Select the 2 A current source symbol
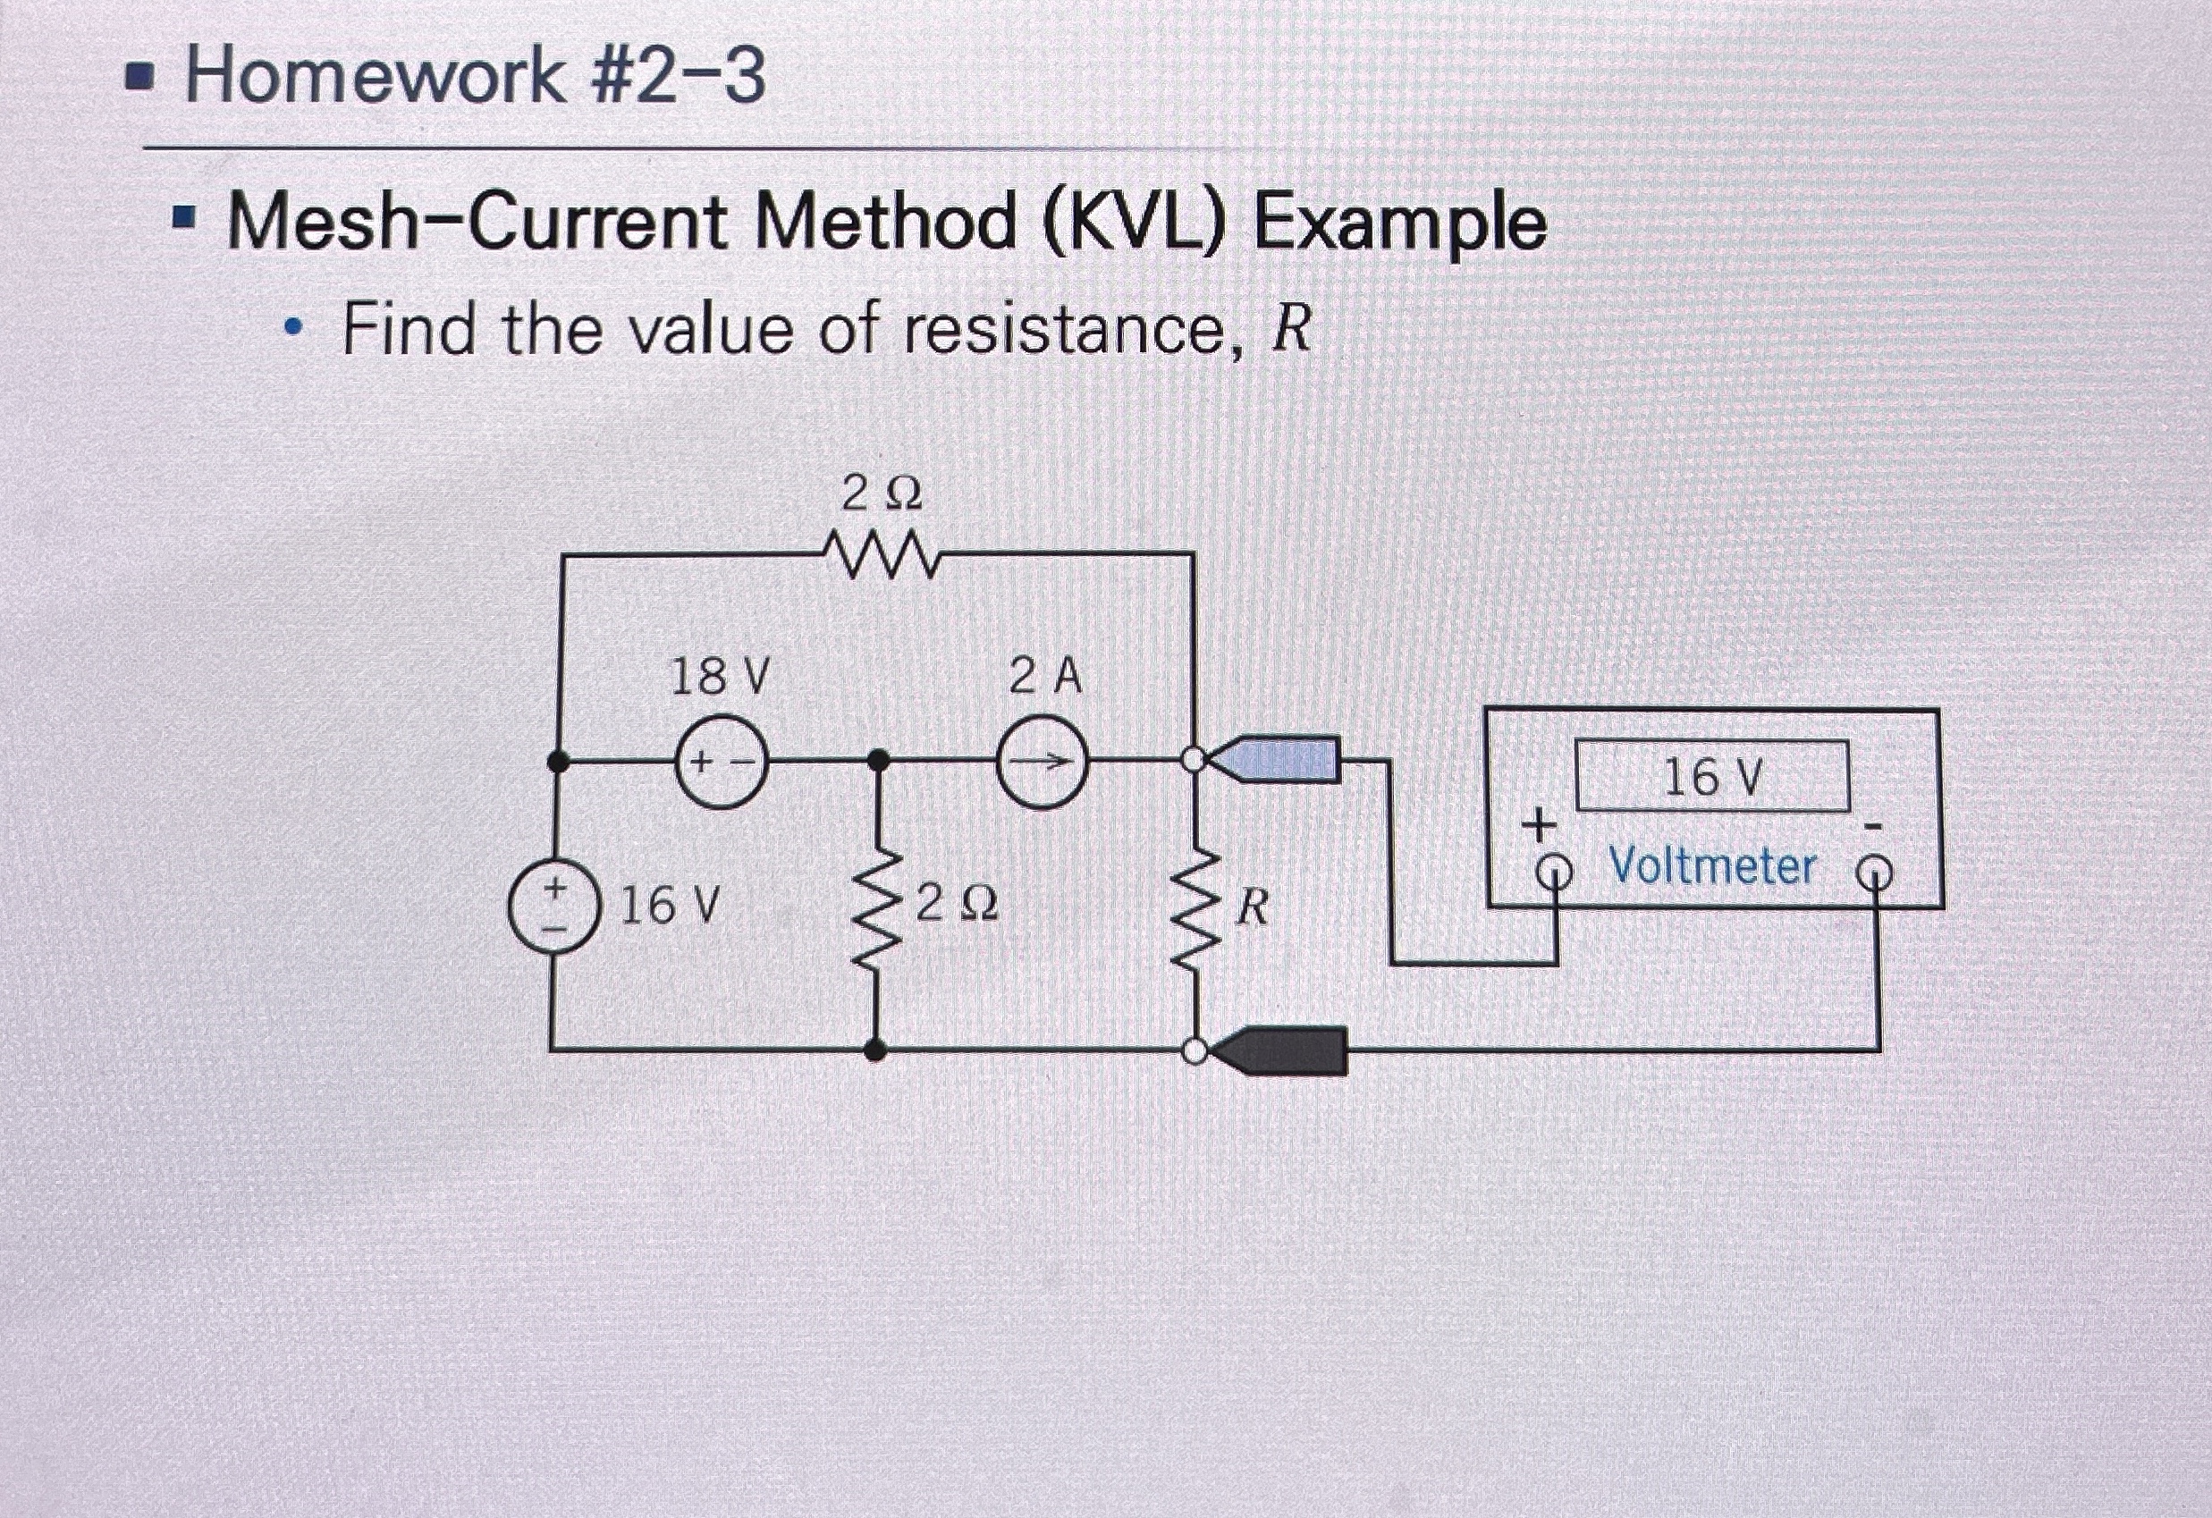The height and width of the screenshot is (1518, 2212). tap(1043, 762)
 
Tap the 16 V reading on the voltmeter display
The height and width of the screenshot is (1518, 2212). tap(1712, 778)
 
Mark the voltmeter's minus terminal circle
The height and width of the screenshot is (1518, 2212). tap(1876, 870)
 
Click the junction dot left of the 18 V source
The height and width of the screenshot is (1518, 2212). tap(560, 762)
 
